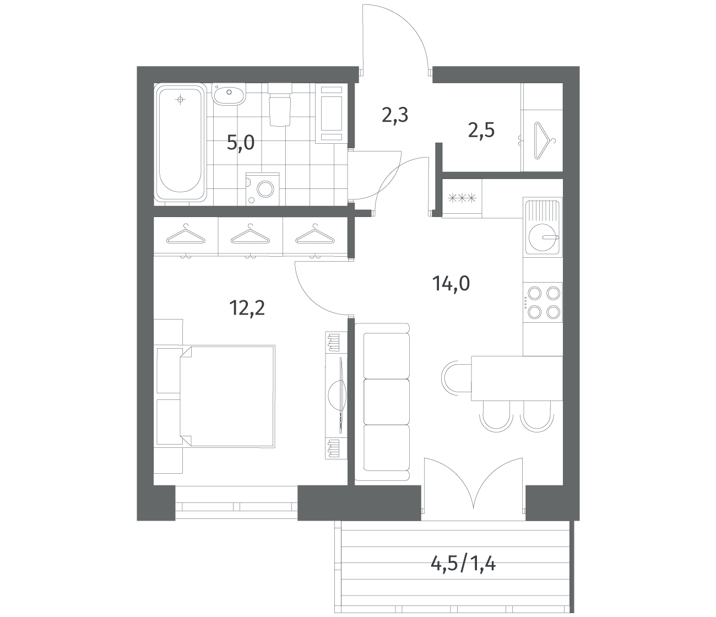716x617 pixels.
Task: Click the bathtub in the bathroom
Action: coord(180,142)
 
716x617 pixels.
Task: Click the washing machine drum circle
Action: coord(265,189)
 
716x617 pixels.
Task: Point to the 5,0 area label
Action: coord(241,142)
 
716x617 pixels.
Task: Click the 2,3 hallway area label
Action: coord(395,115)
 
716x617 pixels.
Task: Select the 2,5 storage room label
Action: coord(481,131)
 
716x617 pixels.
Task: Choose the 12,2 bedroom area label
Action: coord(247,307)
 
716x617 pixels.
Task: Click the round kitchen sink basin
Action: coord(543,237)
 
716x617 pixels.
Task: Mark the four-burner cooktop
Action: coord(543,302)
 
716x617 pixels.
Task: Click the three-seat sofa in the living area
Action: coord(382,402)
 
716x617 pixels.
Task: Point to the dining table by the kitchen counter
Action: coord(517,378)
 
